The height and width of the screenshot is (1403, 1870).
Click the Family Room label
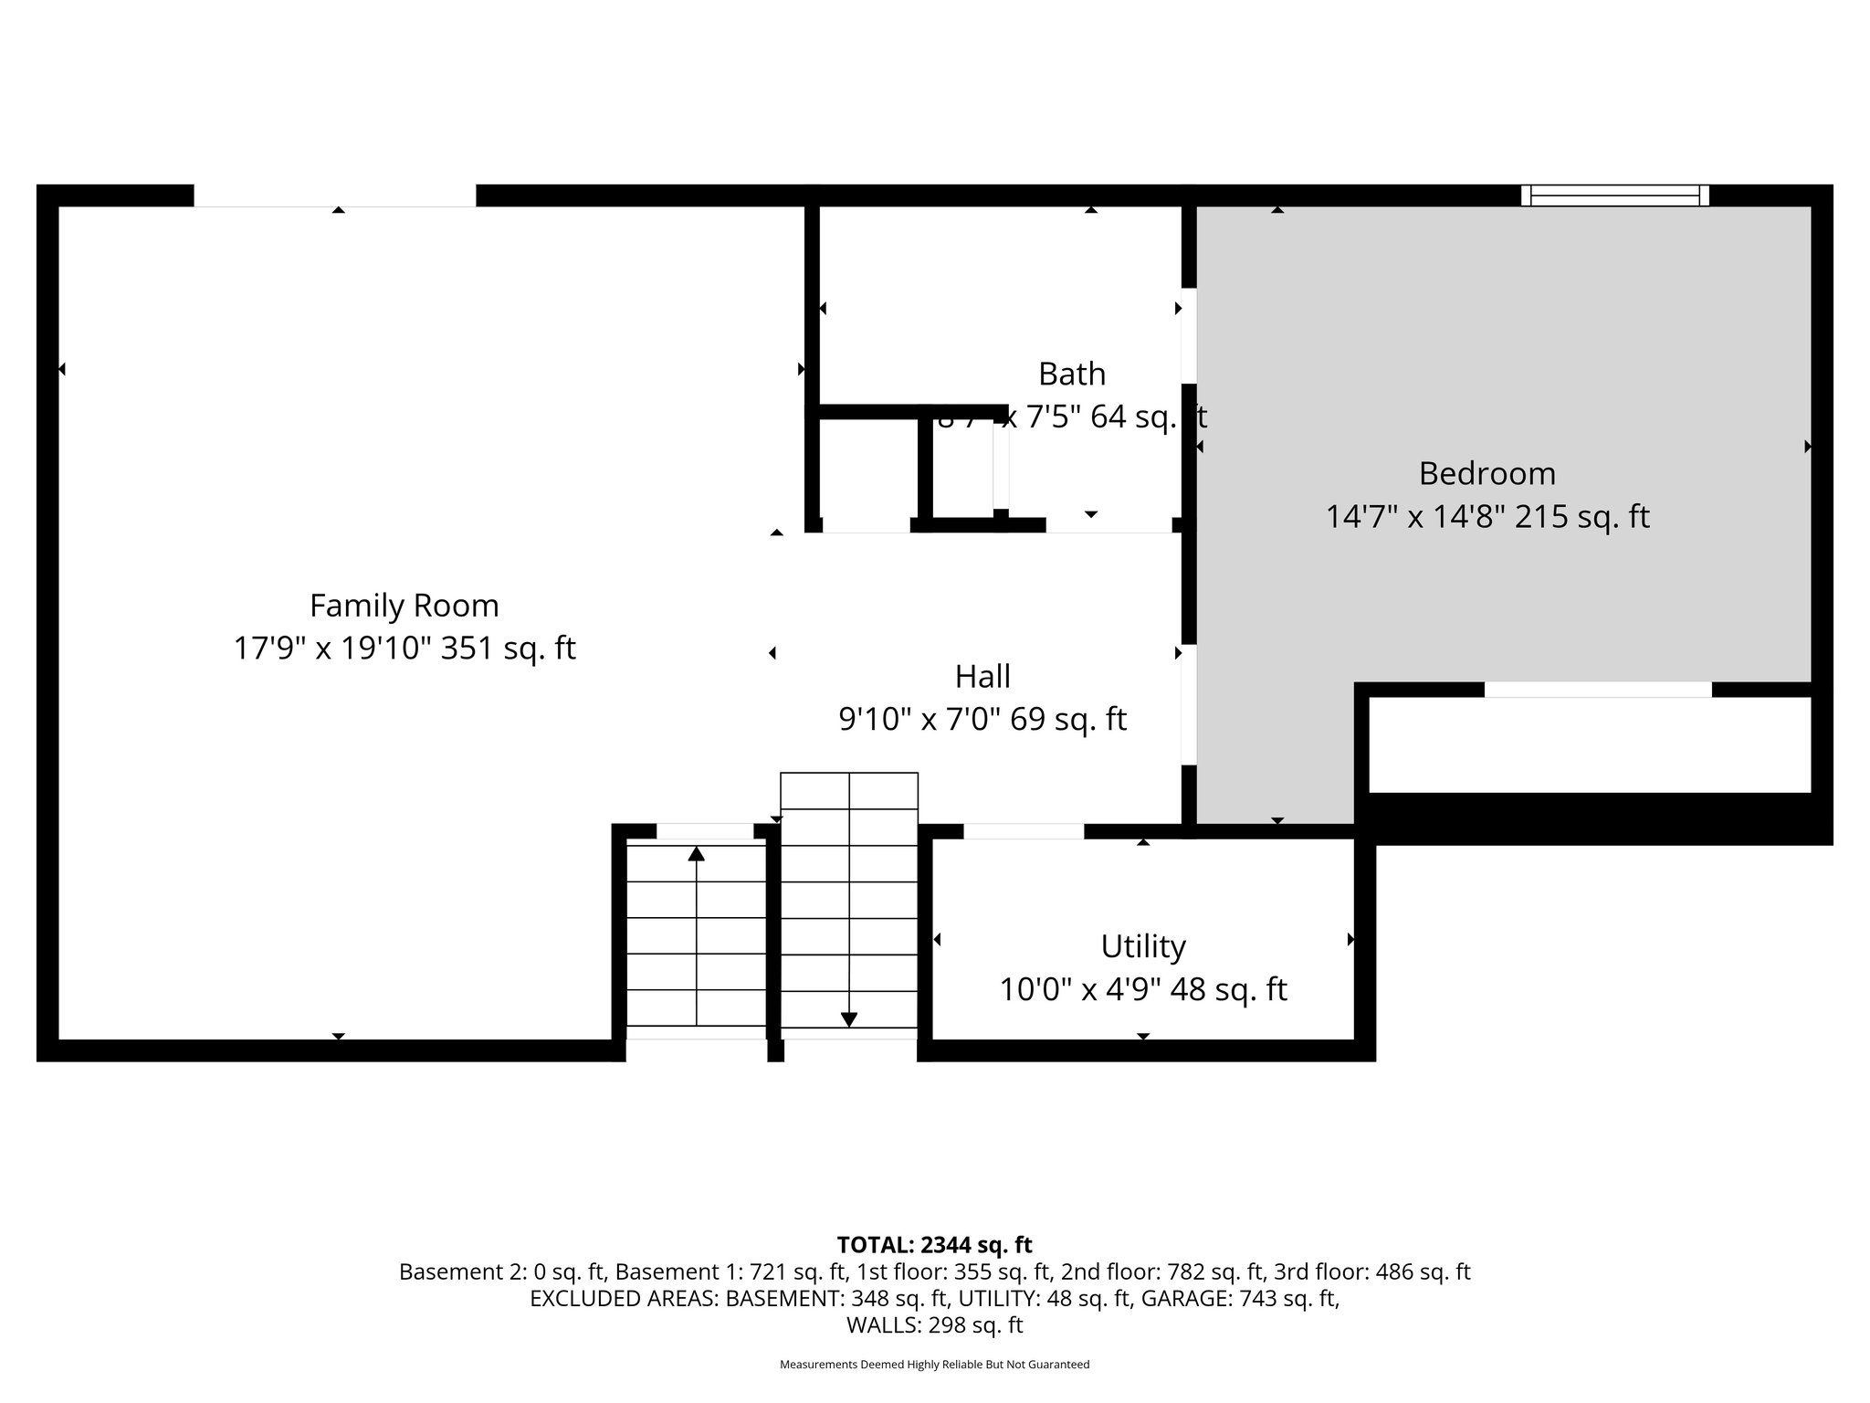tap(404, 606)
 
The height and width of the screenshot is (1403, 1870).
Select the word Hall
tap(982, 677)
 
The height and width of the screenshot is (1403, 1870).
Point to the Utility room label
tap(1142, 946)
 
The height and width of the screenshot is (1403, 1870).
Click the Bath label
tap(1071, 374)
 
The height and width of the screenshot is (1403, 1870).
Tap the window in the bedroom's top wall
tap(1614, 195)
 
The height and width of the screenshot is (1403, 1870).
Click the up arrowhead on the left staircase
tap(697, 854)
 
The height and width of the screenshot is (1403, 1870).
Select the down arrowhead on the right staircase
tap(848, 1019)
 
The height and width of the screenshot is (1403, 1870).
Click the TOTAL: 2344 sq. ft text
tap(934, 1245)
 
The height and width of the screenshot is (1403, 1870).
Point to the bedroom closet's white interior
tap(1589, 745)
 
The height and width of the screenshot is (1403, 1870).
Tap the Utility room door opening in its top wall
tap(1024, 831)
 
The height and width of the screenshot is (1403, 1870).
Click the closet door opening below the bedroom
tap(1597, 690)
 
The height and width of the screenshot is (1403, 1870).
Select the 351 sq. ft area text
tap(509, 649)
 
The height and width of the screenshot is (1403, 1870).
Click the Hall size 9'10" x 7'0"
tap(920, 720)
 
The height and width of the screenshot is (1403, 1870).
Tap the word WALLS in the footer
tap(877, 1325)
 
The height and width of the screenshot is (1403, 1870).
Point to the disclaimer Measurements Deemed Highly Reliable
tap(934, 1365)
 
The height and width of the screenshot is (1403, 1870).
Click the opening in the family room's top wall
tap(334, 195)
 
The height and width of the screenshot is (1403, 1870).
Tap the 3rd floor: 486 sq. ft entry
tap(1372, 1271)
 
